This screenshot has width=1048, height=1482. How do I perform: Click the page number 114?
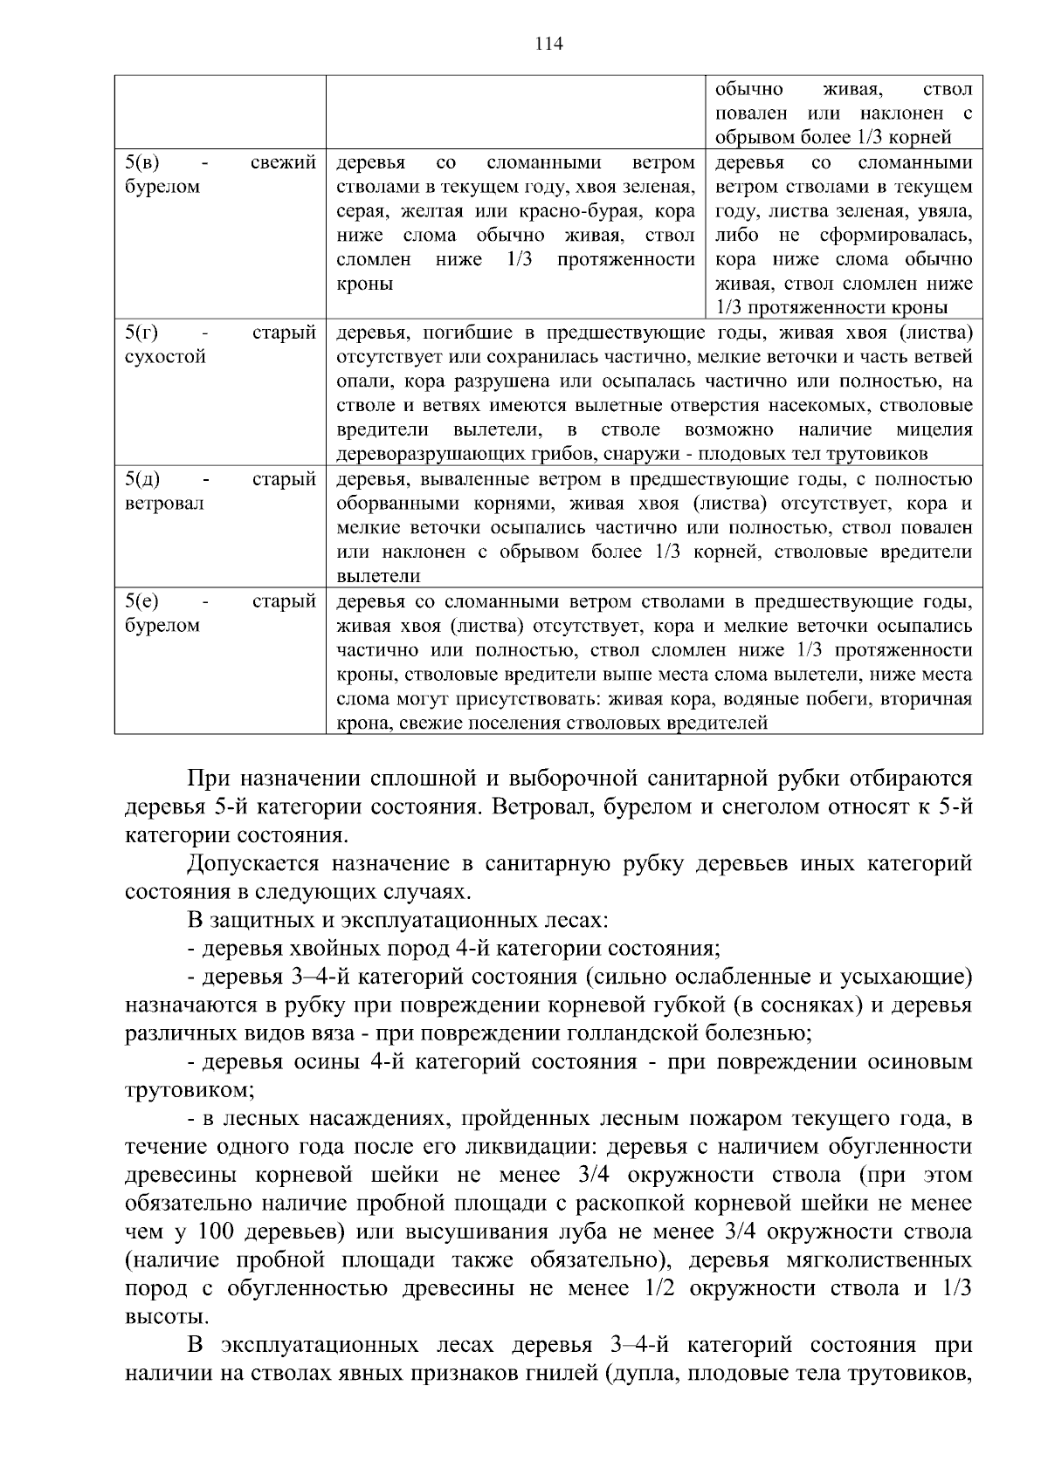pyautogui.click(x=548, y=44)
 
